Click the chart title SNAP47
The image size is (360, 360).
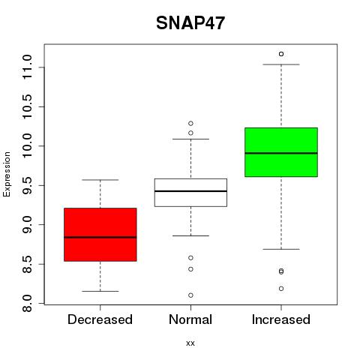tap(190, 23)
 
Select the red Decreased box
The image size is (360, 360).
tap(100, 235)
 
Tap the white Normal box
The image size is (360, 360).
tap(190, 193)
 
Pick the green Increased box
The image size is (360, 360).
tap(281, 152)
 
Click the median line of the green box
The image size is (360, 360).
tap(281, 153)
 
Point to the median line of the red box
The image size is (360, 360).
tap(100, 237)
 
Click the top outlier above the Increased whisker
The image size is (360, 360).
tap(281, 54)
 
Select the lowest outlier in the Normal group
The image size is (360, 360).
tap(190, 295)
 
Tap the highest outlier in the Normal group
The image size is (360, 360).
tap(190, 123)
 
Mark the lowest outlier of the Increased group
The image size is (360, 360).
tap(281, 289)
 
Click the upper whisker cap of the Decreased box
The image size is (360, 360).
tap(100, 180)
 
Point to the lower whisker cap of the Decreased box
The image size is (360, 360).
tap(100, 291)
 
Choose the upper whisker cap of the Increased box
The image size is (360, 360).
tap(281, 64)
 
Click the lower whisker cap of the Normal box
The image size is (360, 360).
tap(190, 235)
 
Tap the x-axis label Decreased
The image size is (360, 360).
tap(100, 319)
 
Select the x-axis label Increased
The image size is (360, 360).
tap(281, 319)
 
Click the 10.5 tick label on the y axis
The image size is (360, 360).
tap(28, 106)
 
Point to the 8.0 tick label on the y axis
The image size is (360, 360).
tap(28, 303)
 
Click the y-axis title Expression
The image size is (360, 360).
tap(7, 174)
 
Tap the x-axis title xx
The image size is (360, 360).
tap(190, 343)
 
